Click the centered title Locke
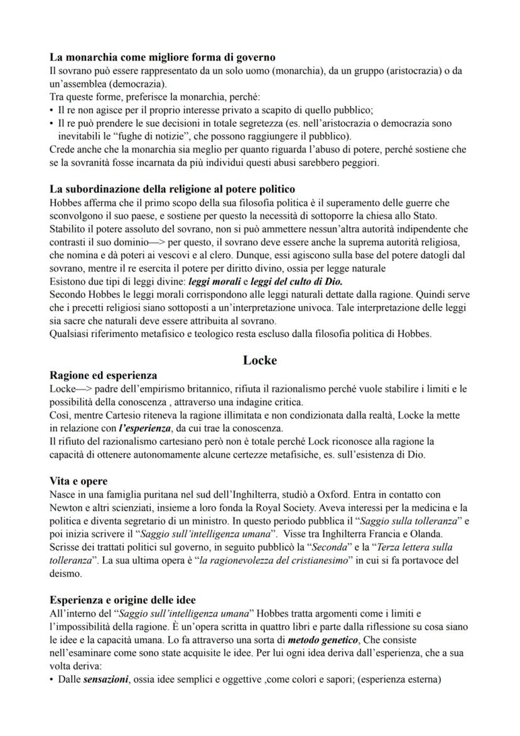pos(259,361)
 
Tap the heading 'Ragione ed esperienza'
pos(103,375)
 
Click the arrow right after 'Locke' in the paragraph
pos(88,389)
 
